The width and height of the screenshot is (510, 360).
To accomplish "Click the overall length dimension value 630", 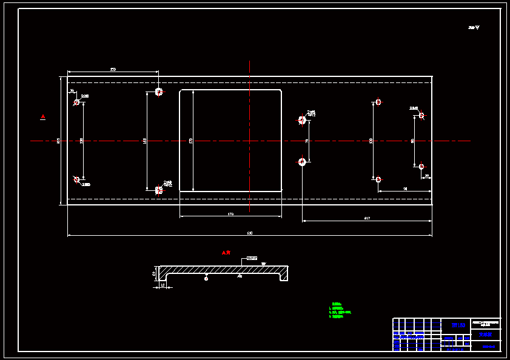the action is tap(249, 233).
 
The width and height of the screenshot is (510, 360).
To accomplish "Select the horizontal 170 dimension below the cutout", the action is tap(230, 214).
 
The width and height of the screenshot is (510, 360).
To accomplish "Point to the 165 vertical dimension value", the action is tap(144, 141).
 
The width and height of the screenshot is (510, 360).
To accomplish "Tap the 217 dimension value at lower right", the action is tap(367, 218).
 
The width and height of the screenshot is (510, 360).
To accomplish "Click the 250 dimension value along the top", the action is tap(113, 69).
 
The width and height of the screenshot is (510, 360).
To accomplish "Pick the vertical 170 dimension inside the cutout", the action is tap(190, 141).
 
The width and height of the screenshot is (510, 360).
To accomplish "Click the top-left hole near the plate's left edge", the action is tap(76, 102).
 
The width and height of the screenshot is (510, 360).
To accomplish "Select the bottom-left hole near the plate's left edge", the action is tap(76, 179).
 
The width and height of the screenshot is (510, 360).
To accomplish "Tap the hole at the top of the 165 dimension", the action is tap(159, 92).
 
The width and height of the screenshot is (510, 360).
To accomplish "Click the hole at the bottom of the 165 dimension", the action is tap(159, 190).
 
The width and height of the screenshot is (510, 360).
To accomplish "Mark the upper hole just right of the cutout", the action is tap(302, 120).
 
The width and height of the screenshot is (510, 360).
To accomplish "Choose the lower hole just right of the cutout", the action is tap(302, 162).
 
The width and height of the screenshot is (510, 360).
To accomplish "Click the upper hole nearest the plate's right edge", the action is tap(421, 115).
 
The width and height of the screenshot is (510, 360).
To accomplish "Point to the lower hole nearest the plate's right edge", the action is tap(421, 166).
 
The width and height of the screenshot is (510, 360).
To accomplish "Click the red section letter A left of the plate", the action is tap(42, 116).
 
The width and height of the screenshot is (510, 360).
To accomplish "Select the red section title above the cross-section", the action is tap(226, 252).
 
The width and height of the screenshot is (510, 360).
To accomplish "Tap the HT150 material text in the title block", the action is tap(458, 325).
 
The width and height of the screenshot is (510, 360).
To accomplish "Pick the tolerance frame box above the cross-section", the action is tap(252, 258).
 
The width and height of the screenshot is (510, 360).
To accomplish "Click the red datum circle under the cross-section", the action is tap(206, 279).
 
